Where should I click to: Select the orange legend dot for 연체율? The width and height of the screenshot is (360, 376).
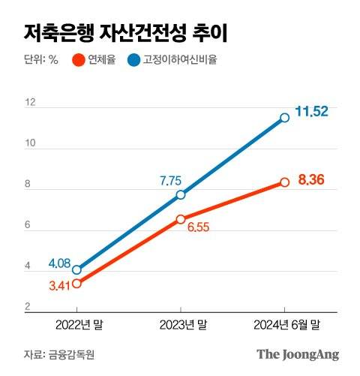78,60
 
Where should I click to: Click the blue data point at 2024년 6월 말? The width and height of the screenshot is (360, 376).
285,117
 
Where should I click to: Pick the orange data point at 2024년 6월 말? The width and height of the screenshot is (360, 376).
285,182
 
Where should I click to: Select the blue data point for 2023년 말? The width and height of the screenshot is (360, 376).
181,194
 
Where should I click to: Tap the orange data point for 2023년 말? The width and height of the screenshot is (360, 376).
181,219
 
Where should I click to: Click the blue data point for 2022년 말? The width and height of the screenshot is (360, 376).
76,269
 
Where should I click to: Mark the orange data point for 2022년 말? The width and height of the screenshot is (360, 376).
76,283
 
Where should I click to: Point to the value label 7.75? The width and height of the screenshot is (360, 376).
172,180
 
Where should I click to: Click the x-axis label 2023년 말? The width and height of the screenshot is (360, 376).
181,325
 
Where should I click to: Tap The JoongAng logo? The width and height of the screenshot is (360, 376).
298,353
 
